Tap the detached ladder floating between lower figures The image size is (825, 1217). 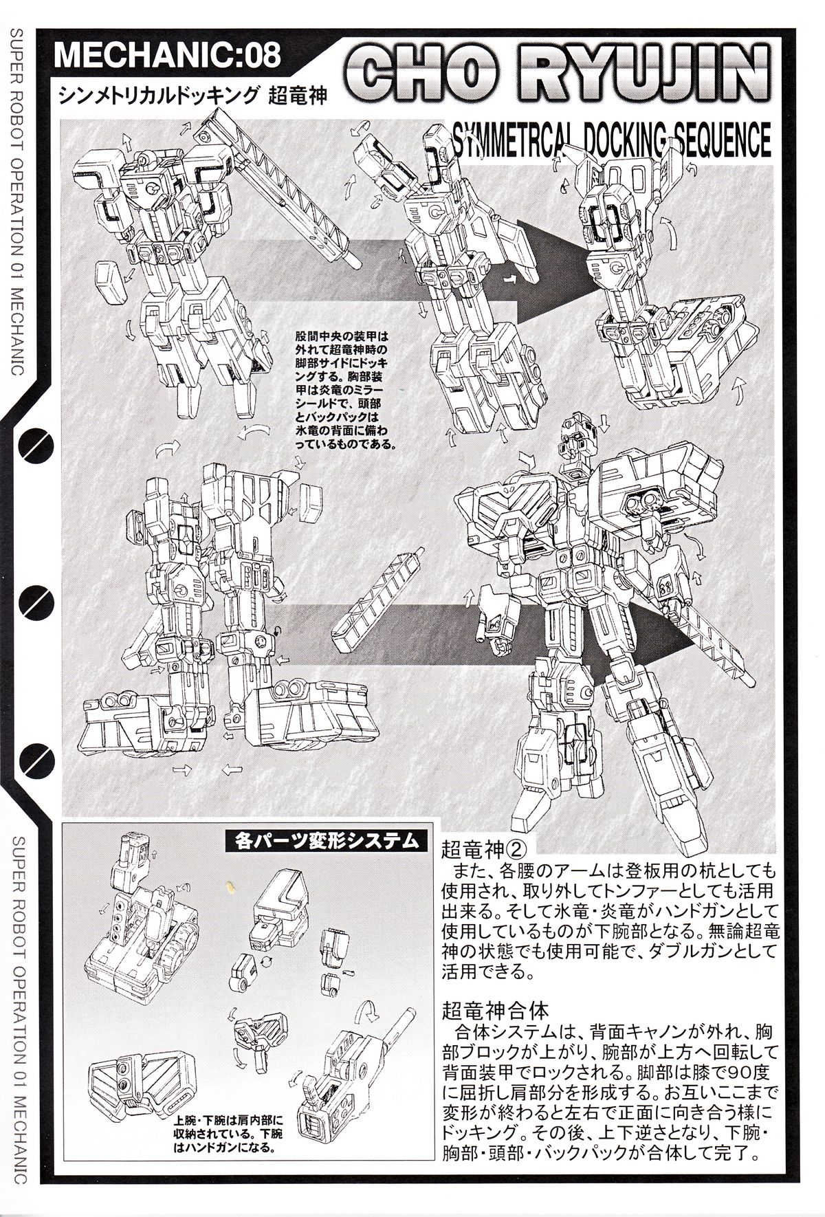pyautogui.click(x=377, y=600)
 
